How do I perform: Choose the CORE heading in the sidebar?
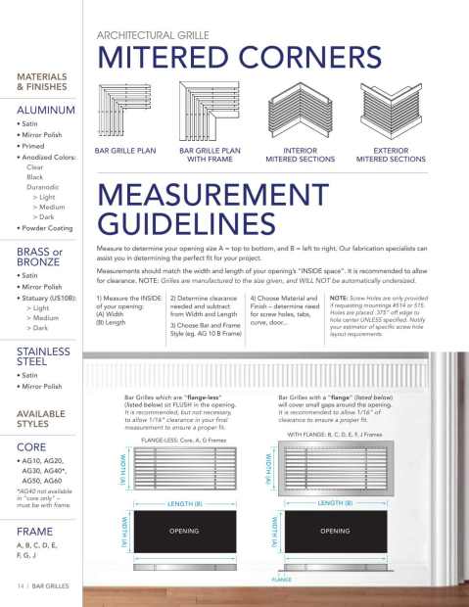click(28, 446)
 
